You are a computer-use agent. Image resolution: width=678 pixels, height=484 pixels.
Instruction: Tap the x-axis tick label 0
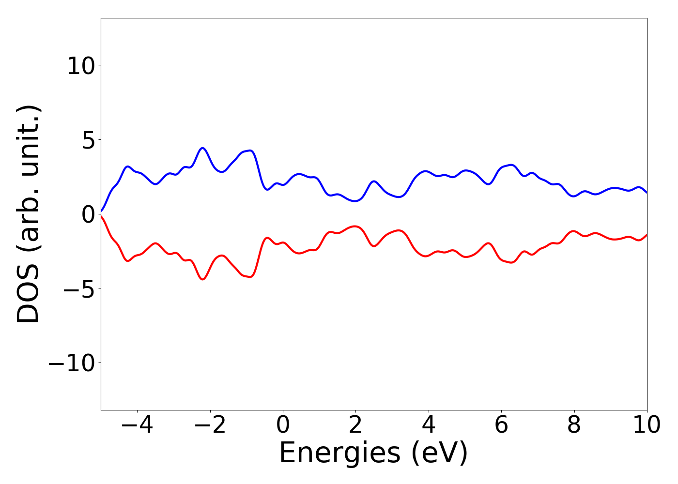283,425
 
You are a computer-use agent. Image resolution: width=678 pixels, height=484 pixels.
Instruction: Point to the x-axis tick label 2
355,425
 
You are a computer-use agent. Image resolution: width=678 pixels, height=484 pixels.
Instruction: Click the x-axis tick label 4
429,425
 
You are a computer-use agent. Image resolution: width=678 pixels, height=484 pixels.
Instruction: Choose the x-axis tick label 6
501,425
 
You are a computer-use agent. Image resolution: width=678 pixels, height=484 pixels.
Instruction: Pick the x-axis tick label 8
574,425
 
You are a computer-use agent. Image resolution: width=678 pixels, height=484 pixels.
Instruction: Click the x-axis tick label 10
647,425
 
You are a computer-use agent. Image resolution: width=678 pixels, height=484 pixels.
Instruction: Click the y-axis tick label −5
79,288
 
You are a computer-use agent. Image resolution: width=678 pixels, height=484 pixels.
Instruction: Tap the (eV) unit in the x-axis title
440,454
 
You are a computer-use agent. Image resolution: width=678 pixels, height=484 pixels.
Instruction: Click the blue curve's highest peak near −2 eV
202,148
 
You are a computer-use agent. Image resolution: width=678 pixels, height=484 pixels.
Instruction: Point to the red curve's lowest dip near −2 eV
202,279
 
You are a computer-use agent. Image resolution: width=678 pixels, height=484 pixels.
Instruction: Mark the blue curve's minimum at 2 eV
355,201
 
